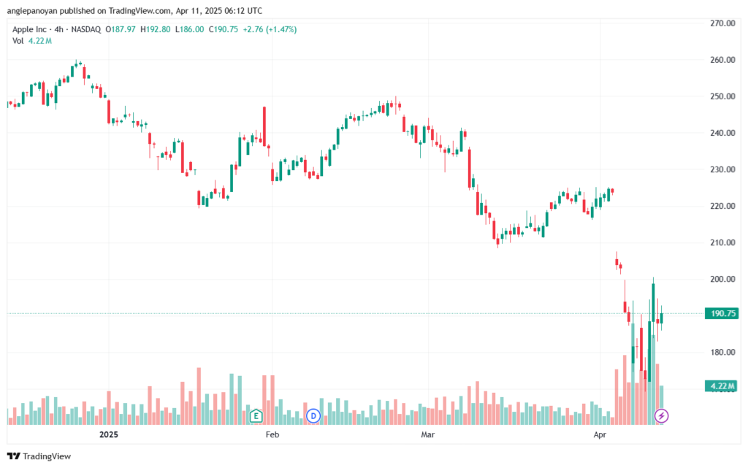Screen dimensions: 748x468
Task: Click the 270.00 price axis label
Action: [722, 23]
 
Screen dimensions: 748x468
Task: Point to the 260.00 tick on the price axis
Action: [722, 60]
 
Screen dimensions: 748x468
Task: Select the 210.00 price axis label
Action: [722, 242]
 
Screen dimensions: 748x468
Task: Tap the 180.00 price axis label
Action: [722, 352]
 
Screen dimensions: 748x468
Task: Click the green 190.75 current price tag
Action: [722, 314]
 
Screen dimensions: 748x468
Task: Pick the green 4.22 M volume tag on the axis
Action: [722, 386]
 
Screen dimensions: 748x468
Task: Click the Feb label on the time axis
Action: [272, 434]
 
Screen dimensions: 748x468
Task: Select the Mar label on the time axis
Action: [428, 434]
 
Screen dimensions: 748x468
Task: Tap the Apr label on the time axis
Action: [600, 434]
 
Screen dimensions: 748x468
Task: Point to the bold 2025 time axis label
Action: [109, 434]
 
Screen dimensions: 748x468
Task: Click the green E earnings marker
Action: [256, 416]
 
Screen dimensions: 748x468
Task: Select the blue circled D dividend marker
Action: [313, 416]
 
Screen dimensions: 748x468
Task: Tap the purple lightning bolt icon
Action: [661, 416]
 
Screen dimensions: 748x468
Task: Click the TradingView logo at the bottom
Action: [39, 456]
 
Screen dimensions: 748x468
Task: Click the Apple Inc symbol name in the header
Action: [29, 29]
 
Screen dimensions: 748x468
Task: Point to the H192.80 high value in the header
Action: [155, 29]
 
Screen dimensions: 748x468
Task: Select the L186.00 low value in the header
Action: [189, 29]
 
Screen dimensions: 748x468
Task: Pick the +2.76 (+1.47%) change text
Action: [270, 29]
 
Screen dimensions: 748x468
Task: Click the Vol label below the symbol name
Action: [18, 41]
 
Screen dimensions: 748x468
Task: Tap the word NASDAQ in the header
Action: [86, 29]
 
